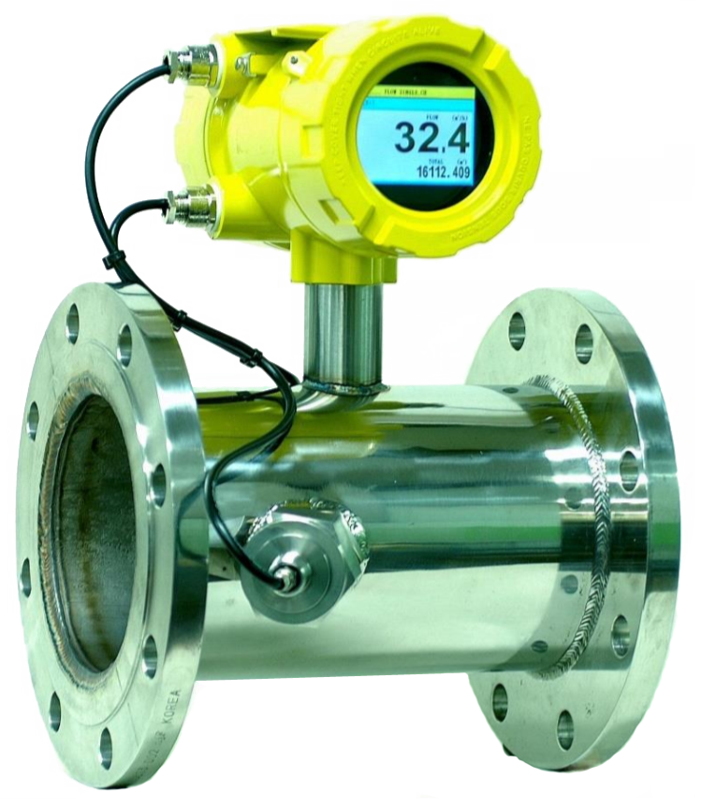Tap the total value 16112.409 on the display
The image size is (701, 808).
tap(444, 172)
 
